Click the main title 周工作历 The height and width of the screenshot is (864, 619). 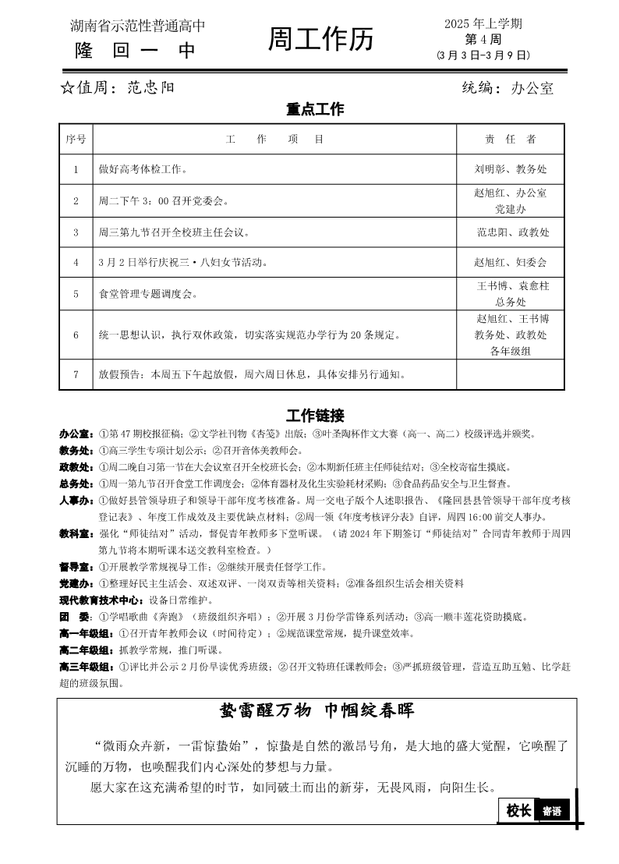point(320,39)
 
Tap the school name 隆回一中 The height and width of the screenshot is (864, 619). point(136,51)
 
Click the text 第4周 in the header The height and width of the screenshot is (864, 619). point(483,39)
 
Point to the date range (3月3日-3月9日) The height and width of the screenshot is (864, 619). point(483,55)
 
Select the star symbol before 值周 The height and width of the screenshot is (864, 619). point(67,87)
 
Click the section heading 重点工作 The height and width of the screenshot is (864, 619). point(315,110)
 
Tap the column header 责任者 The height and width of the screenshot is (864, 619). point(511,139)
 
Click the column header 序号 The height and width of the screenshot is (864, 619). point(76,139)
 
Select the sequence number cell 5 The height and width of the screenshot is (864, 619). point(76,294)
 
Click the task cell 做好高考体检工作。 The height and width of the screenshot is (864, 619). point(142,168)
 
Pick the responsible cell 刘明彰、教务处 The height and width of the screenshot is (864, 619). point(511,168)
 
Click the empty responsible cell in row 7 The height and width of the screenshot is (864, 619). point(511,374)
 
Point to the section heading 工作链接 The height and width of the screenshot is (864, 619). point(315,415)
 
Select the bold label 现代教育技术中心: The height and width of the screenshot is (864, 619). point(101,600)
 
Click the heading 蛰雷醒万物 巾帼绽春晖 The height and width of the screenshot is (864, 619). point(317,710)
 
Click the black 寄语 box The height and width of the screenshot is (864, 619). point(552,811)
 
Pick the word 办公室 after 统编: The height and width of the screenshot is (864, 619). point(532,88)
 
